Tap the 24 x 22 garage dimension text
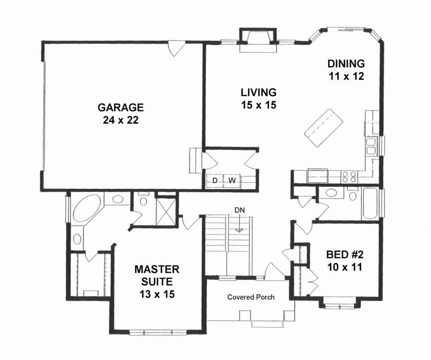point(120,120)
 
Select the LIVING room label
point(258,92)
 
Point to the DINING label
point(346,64)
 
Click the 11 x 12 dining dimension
point(346,77)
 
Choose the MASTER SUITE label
point(156,276)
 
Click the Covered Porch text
point(251,297)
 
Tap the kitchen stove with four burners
point(349,175)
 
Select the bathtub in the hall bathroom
point(370,203)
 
